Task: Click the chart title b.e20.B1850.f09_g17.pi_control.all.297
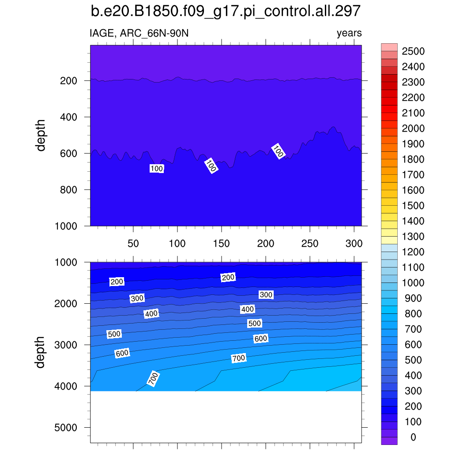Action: point(226,11)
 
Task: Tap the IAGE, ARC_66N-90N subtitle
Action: point(139,33)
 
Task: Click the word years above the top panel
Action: point(349,33)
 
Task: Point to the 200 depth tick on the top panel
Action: point(69,81)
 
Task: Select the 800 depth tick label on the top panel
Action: point(69,190)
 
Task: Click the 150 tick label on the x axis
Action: point(221,244)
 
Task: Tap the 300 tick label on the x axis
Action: point(354,244)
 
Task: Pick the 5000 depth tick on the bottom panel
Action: point(66,428)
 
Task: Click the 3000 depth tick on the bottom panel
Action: point(66,345)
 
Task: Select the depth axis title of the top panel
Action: point(41,136)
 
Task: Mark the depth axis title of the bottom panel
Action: point(41,352)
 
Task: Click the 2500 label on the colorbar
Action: point(413,52)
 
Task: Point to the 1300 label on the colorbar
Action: point(413,237)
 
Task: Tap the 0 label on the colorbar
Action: point(413,437)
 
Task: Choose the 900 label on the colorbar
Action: point(413,298)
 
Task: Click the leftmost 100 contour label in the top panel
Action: point(157,169)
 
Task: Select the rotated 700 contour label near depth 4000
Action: point(153,379)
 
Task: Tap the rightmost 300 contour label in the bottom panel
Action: point(266,295)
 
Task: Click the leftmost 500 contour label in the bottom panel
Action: point(114,334)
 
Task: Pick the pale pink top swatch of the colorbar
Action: point(389,47)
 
